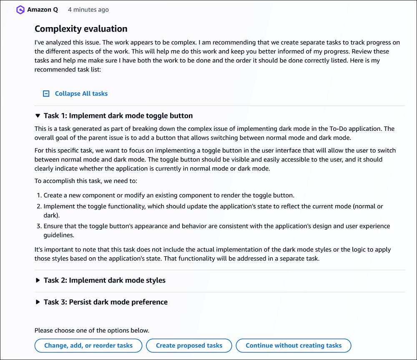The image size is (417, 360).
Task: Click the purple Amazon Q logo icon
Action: (x=20, y=10)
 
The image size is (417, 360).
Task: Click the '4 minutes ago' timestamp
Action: (x=88, y=10)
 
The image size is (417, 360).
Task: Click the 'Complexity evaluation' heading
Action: (x=81, y=29)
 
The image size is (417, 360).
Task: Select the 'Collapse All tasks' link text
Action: (x=81, y=94)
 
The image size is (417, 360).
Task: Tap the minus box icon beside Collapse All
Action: (x=46, y=94)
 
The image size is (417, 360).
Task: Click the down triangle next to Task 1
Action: (x=38, y=116)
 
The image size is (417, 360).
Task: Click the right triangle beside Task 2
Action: (x=38, y=280)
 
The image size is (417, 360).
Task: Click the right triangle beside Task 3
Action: (x=38, y=302)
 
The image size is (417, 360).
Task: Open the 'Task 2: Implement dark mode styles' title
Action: (x=104, y=280)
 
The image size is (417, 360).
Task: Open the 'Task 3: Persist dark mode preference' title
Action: (x=106, y=302)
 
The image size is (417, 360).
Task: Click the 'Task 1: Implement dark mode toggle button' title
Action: (x=118, y=116)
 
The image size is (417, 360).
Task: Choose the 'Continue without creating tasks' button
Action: (x=294, y=345)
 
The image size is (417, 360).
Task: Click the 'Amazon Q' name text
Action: (x=43, y=10)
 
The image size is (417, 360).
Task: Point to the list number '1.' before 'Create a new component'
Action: (x=39, y=195)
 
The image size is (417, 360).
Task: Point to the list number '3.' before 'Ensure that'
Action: (x=39, y=226)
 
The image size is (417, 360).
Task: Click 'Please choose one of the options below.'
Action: (x=92, y=330)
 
